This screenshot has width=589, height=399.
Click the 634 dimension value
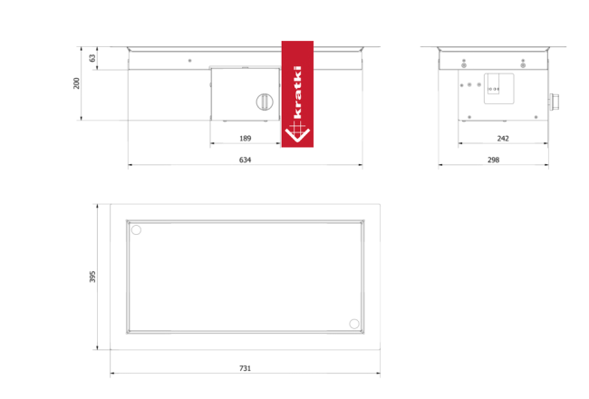click(245, 160)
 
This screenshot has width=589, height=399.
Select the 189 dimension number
click(245, 139)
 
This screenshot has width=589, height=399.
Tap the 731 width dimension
click(245, 368)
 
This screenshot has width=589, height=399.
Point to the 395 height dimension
click(92, 277)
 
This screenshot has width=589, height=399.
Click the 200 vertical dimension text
click(77, 83)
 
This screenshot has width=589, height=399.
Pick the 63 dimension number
click(92, 58)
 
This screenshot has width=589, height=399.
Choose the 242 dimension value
click(503, 139)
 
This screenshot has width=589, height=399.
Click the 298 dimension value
click(493, 160)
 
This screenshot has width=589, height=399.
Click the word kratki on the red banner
click(297, 92)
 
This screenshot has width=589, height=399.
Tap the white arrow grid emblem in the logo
click(297, 131)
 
